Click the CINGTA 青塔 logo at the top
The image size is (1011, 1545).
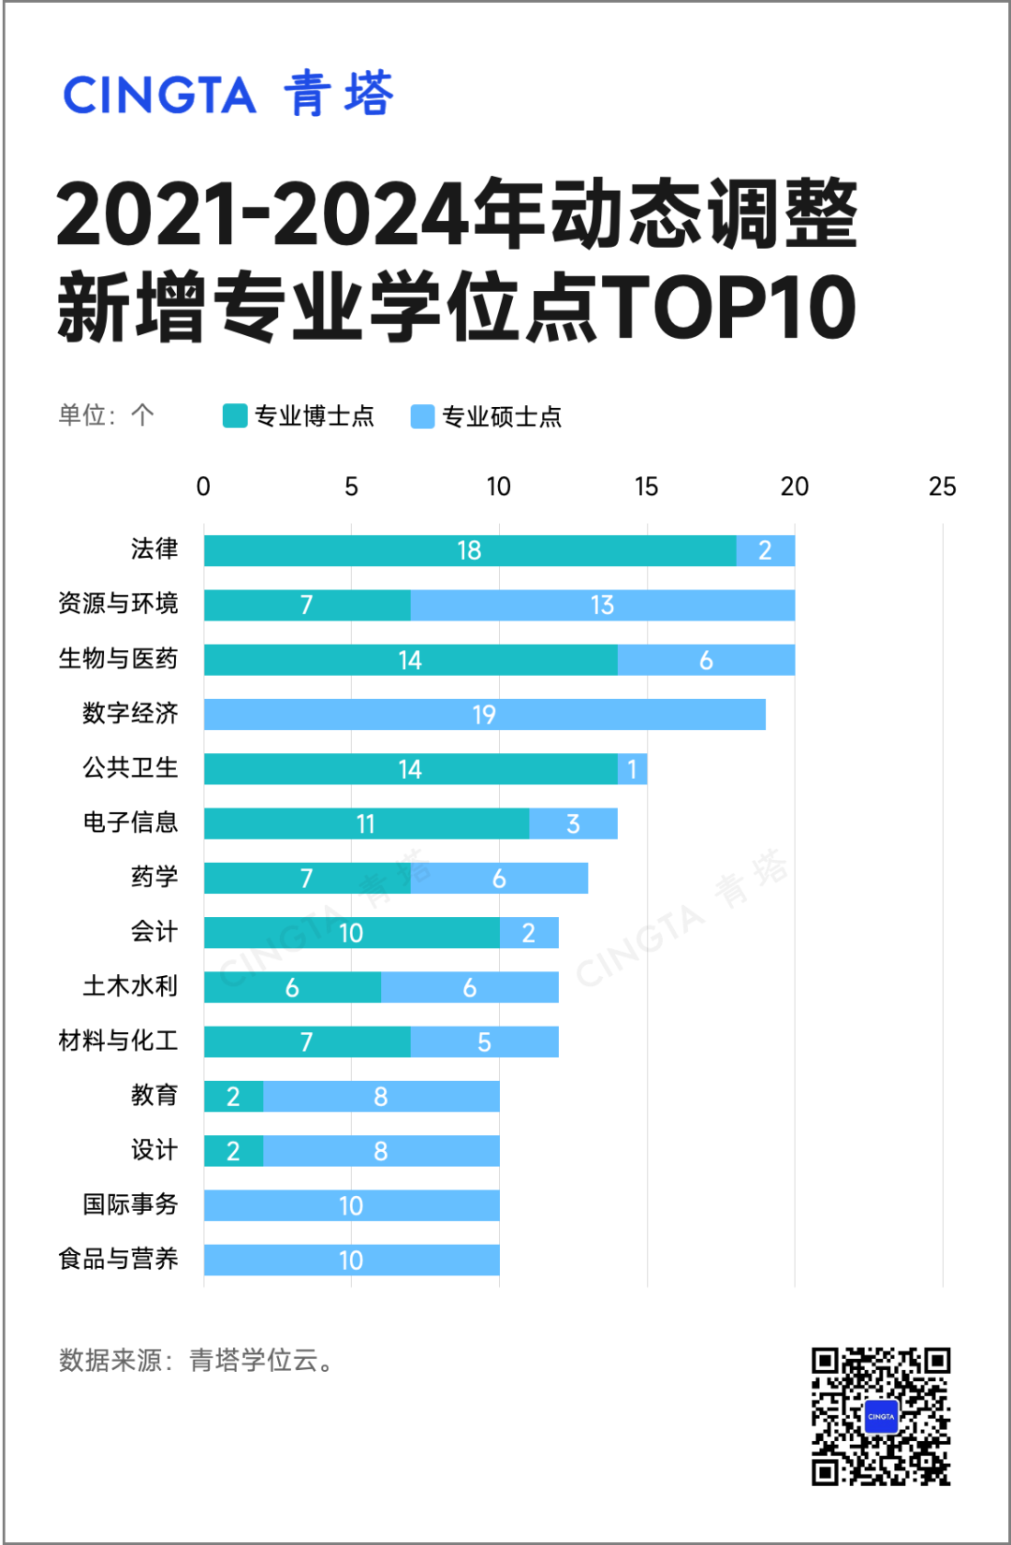[228, 94]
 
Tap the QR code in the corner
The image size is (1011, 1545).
[881, 1416]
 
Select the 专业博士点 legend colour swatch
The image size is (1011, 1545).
[235, 415]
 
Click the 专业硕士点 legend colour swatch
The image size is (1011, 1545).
[423, 416]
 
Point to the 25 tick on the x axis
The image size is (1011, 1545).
[942, 487]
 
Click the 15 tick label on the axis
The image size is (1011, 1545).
[646, 487]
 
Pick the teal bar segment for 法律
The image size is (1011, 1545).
[470, 550]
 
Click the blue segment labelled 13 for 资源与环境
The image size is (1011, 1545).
[602, 605]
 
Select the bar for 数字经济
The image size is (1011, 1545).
[484, 715]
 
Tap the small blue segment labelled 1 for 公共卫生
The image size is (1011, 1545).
[632, 769]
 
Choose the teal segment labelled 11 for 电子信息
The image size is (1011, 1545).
[366, 824]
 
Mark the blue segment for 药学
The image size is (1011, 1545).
[499, 879]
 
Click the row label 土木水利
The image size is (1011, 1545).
[130, 986]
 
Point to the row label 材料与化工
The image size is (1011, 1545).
[118, 1041]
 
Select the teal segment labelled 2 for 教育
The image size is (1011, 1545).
[233, 1097]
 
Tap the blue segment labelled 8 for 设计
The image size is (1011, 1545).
[381, 1151]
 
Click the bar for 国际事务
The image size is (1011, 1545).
[351, 1205]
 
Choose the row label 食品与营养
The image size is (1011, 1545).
[118, 1260]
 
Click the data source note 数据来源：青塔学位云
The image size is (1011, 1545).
[196, 1361]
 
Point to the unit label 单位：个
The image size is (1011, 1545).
[106, 415]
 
